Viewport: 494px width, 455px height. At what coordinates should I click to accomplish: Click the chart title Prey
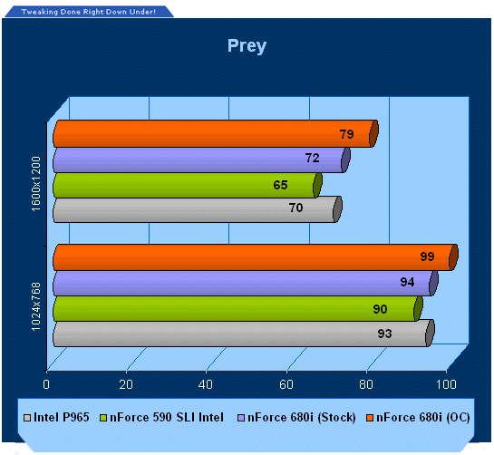247,46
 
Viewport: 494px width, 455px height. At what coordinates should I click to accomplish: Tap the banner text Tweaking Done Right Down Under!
89,12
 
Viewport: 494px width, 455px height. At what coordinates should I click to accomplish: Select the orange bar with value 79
216,133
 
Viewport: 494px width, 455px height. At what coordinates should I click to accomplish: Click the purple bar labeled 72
201,160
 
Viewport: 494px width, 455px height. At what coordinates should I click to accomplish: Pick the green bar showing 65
188,185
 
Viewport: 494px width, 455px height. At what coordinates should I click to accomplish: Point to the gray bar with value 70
198,209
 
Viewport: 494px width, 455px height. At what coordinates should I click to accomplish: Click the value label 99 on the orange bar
427,257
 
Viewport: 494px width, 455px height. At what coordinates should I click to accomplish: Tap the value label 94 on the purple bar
407,282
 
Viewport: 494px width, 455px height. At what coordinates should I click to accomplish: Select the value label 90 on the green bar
381,309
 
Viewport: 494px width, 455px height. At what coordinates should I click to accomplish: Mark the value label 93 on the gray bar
384,334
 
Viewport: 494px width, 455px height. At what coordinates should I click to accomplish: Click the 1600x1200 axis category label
36,184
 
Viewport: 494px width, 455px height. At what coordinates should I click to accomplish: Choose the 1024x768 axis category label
36,306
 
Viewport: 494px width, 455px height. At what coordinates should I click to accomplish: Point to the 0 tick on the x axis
46,384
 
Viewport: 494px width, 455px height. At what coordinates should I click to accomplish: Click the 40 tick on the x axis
206,384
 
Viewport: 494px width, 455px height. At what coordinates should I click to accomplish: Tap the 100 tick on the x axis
446,384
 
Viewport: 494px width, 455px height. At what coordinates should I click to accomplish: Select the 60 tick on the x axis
286,384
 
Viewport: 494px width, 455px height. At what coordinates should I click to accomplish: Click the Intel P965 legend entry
57,418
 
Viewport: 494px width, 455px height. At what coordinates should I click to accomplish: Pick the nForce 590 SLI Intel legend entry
161,418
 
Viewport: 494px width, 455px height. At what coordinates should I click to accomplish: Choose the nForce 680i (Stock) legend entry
296,418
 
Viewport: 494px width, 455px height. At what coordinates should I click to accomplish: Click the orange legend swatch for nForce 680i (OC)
370,418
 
